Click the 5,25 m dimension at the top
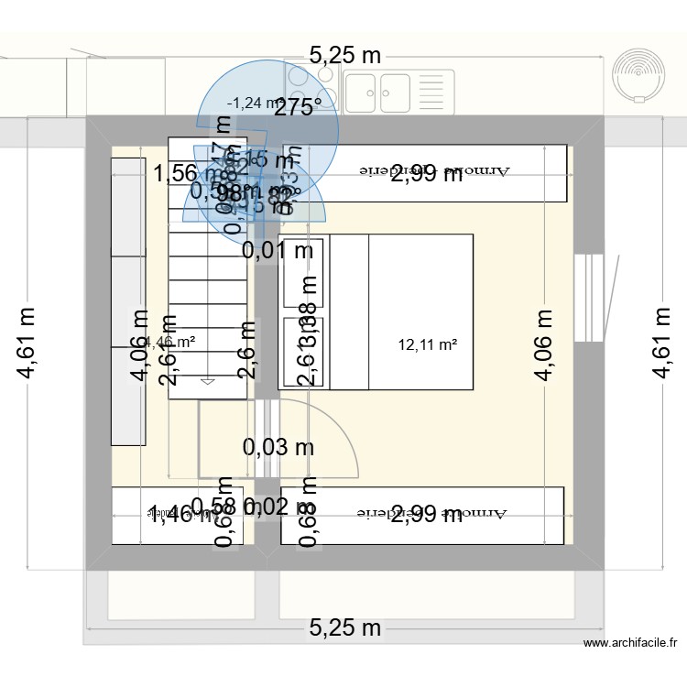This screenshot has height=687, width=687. tap(344, 55)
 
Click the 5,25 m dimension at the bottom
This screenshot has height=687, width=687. tap(344, 628)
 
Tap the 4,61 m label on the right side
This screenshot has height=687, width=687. tap(661, 342)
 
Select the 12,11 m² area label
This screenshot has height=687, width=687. tap(428, 345)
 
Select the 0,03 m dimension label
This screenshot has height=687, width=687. tap(278, 448)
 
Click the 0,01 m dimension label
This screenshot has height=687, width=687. tap(278, 249)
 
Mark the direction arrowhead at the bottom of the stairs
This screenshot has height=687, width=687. tap(208, 380)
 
